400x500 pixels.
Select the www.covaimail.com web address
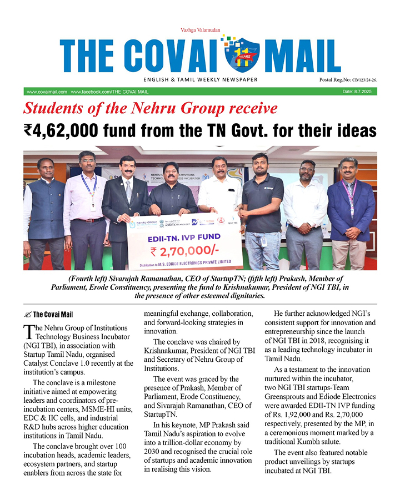click(x=47, y=92)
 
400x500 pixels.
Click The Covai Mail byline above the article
click(x=52, y=315)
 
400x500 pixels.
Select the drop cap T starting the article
click(x=29, y=332)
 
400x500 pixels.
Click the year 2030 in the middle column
click(x=154, y=442)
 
